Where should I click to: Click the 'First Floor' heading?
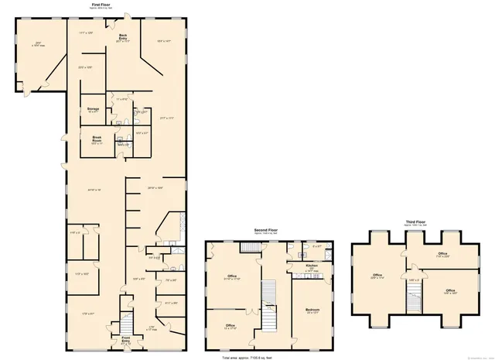[100, 4]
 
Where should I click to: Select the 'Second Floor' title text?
[268, 230]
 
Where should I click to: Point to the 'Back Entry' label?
[122, 36]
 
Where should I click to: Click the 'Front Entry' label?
[125, 338]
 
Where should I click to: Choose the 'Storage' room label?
[93, 109]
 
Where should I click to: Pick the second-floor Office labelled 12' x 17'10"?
[230, 326]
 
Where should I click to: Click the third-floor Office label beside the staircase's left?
[377, 275]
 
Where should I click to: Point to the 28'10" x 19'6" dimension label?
[155, 187]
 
